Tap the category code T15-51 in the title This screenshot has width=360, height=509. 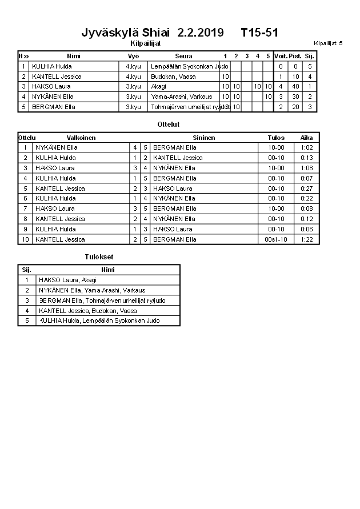tap(259, 32)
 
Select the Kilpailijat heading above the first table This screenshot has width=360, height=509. tap(145, 43)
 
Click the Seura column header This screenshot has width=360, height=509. tap(183, 56)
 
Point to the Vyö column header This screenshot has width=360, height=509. tap(133, 56)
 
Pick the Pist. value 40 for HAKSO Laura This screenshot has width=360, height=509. tap(295, 86)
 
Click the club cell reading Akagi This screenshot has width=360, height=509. tap(159, 86)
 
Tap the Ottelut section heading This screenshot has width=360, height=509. tap(168, 124)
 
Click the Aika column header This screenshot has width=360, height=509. tap(307, 138)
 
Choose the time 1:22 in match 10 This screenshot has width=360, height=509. tap(307, 239)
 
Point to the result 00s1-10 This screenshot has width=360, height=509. tap(276, 239)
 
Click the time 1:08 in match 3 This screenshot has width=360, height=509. tap(307, 168)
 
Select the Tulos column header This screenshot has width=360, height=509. tap(276, 138)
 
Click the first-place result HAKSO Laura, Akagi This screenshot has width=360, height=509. tap(67, 280)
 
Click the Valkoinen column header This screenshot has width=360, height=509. tap(81, 138)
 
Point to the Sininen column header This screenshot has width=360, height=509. tap(204, 138)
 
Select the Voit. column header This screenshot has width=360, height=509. tap(281, 56)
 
